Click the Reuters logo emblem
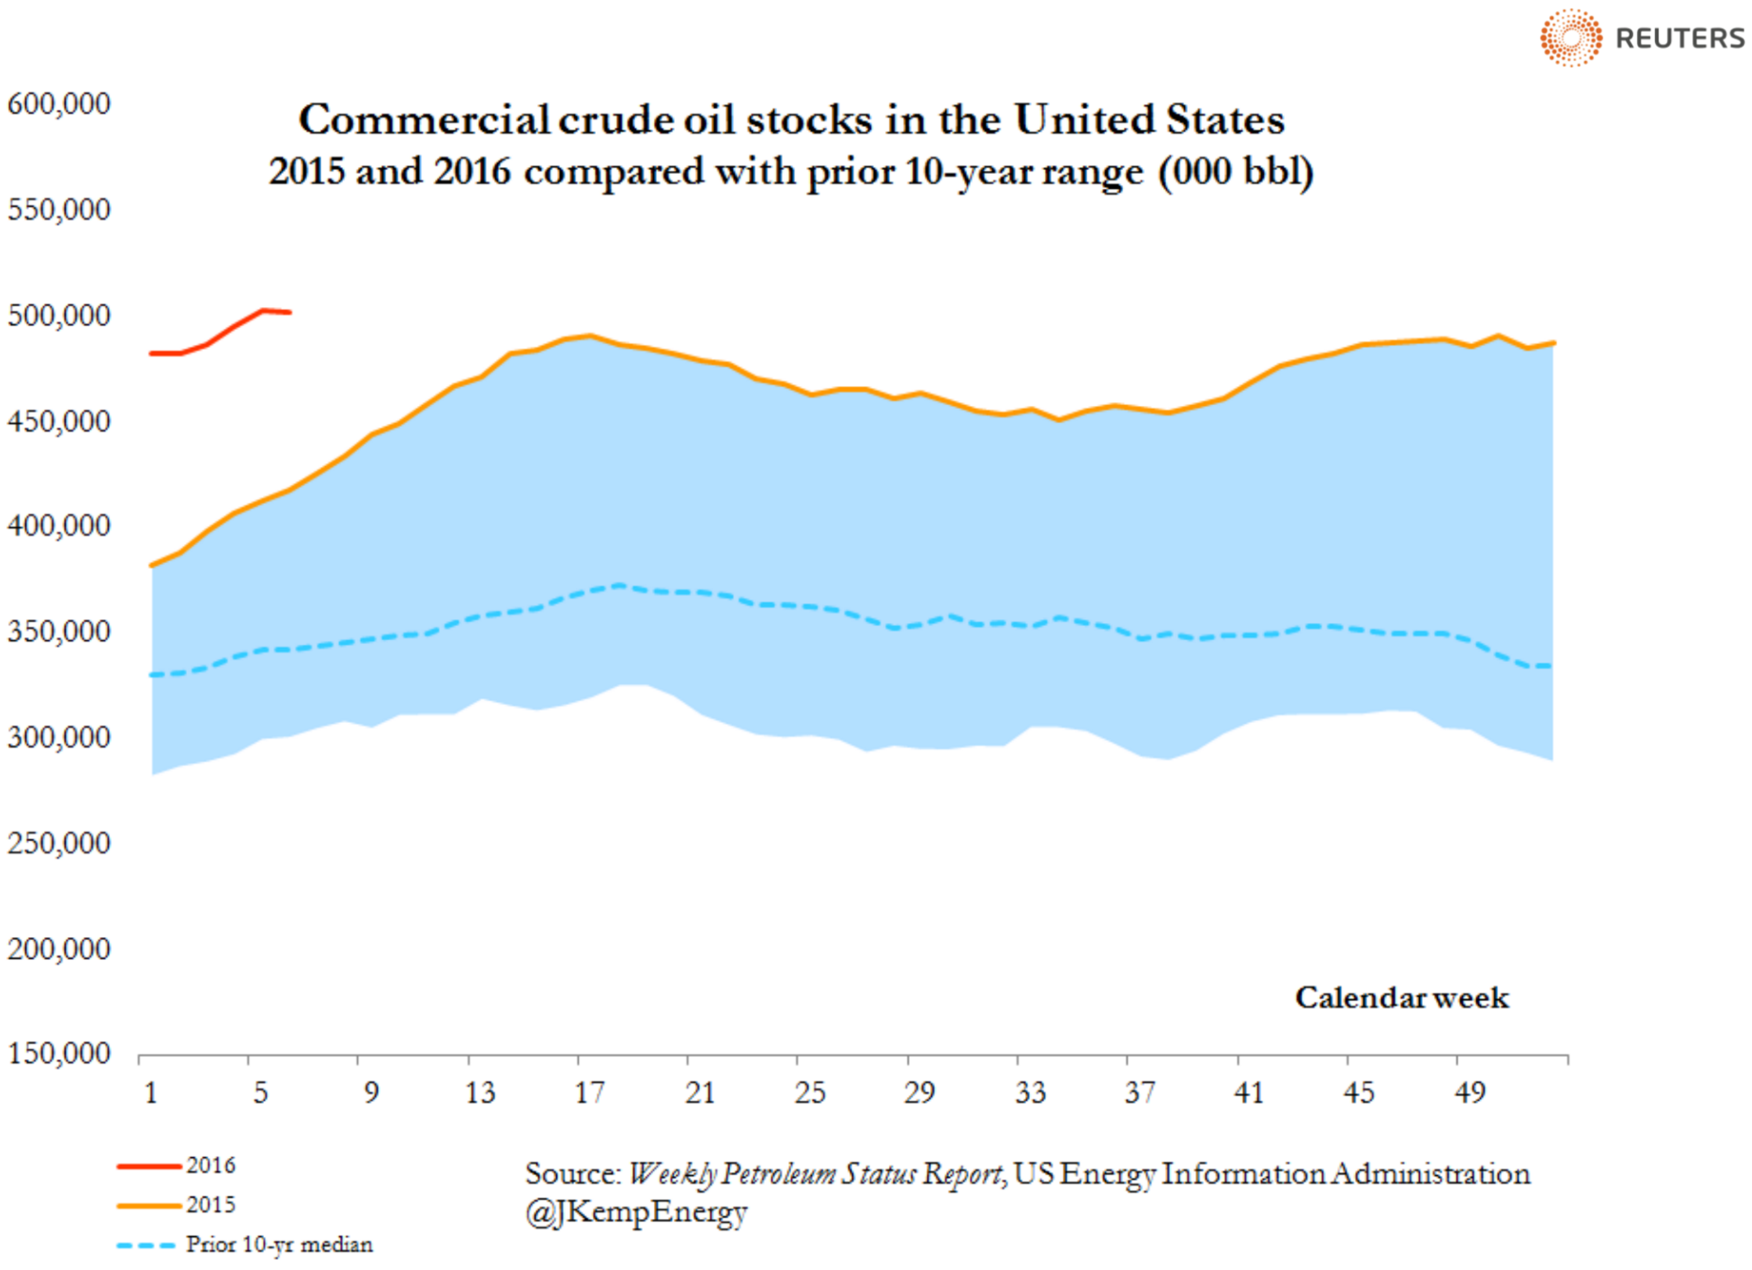[1570, 38]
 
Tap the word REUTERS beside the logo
[1680, 38]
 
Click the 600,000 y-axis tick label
[59, 104]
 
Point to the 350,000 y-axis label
[59, 631]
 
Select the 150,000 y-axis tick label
[59, 1054]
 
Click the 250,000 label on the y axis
[59, 843]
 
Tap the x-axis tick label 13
[480, 1092]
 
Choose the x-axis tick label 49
[1469, 1092]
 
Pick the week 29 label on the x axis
[919, 1092]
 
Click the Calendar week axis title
[1401, 997]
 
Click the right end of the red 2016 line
[290, 313]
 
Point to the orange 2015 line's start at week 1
[152, 565]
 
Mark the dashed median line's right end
[1551, 666]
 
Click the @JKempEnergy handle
[636, 1212]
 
